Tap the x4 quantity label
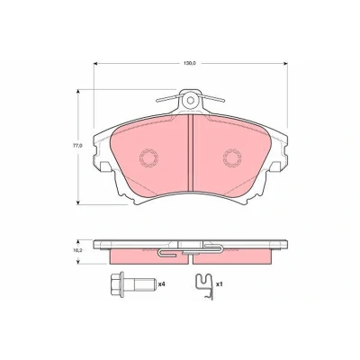(x=162, y=283)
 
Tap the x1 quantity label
(x=220, y=283)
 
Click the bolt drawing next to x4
(x=133, y=284)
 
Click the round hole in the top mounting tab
(x=190, y=100)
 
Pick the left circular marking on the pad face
(x=148, y=157)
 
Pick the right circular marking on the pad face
(x=232, y=157)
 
